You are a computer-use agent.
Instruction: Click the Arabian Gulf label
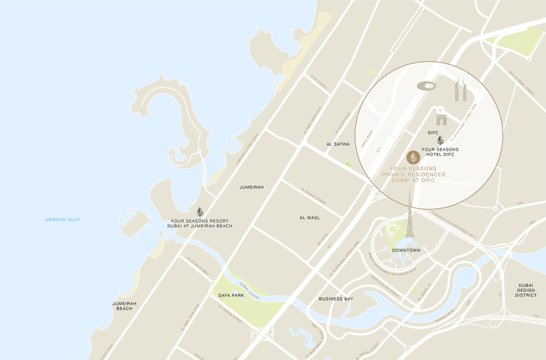(63, 219)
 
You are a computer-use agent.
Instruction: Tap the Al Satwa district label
(338, 144)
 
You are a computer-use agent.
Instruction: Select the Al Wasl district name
(309, 217)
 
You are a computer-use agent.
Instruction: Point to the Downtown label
(406, 250)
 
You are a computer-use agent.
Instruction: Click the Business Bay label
(336, 299)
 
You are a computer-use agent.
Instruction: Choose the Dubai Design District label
(526, 290)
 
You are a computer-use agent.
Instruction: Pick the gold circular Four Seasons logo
(413, 157)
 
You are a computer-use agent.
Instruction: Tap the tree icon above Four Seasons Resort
(200, 212)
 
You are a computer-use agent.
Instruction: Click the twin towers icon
(460, 90)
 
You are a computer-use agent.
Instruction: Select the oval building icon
(426, 86)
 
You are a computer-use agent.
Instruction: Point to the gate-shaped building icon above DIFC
(442, 119)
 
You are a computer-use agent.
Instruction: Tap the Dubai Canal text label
(249, 291)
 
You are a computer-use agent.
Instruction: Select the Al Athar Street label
(198, 265)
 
